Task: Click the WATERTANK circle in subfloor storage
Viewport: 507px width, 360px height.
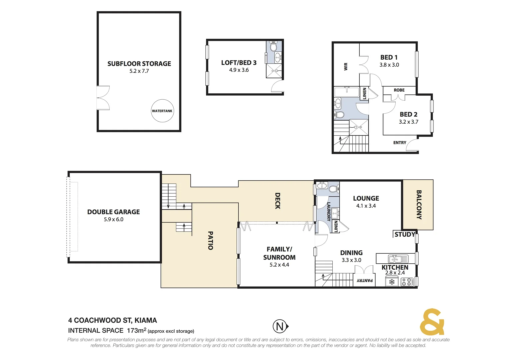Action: [x=162, y=111]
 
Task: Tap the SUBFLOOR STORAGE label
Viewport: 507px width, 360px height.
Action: [x=139, y=64]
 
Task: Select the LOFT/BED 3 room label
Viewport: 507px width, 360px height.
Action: [x=239, y=63]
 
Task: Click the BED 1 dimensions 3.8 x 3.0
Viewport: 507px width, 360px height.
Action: [x=389, y=65]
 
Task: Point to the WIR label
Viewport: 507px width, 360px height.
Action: [x=346, y=67]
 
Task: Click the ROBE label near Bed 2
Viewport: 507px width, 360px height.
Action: [x=399, y=90]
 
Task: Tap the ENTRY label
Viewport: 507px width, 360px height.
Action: [x=400, y=143]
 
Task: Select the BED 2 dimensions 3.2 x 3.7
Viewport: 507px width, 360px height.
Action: [x=408, y=122]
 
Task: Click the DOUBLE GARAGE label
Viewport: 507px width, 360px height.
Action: [x=113, y=212]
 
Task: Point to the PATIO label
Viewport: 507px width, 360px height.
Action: [x=210, y=240]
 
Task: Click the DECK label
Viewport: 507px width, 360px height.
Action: [x=277, y=201]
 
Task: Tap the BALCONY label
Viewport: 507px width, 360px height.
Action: [x=419, y=205]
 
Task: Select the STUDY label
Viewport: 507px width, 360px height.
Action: [x=405, y=234]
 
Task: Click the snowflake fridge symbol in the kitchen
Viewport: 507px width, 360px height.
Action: [x=392, y=282]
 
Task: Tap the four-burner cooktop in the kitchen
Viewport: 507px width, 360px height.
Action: [x=407, y=282]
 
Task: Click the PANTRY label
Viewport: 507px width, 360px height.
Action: [x=365, y=281]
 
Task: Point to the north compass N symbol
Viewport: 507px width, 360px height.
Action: [x=280, y=326]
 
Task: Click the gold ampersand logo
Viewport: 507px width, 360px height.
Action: [x=432, y=322]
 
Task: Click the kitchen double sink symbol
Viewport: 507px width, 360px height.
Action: [x=398, y=259]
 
